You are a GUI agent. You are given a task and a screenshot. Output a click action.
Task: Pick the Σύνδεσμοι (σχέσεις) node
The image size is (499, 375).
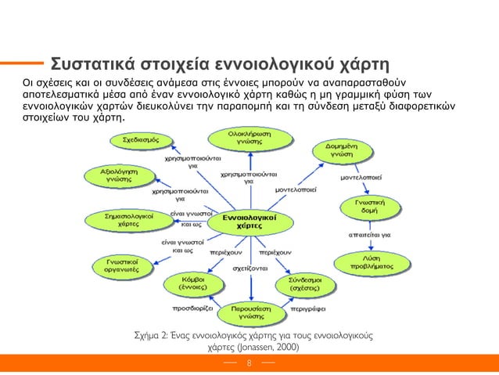(x=297, y=283)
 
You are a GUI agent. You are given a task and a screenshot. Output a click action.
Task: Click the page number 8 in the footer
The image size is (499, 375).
(x=249, y=363)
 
